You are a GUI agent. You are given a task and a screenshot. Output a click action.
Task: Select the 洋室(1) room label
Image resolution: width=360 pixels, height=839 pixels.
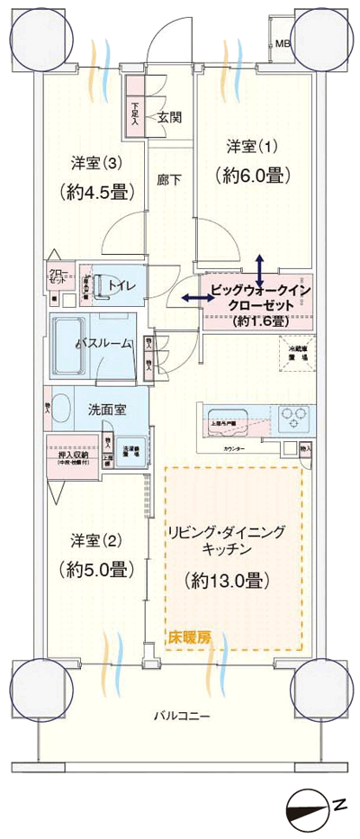[x=253, y=146]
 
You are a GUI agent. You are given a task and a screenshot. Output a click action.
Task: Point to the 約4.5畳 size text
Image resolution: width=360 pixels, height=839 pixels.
[x=99, y=192]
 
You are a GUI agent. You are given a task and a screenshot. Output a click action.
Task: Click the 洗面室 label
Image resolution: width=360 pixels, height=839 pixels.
[x=106, y=410]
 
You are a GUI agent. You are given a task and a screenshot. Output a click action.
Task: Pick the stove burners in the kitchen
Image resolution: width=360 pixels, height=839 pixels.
[x=294, y=417]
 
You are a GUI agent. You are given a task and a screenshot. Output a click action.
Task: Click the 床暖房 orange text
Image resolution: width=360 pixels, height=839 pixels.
[x=190, y=636]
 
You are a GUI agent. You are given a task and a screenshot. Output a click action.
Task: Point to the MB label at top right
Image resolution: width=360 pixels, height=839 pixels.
[x=283, y=42]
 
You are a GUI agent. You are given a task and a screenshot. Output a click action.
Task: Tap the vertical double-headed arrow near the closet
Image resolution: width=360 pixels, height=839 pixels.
[x=259, y=270]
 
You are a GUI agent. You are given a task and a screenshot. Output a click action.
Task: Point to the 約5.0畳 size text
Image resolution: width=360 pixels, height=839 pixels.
[x=99, y=569]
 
